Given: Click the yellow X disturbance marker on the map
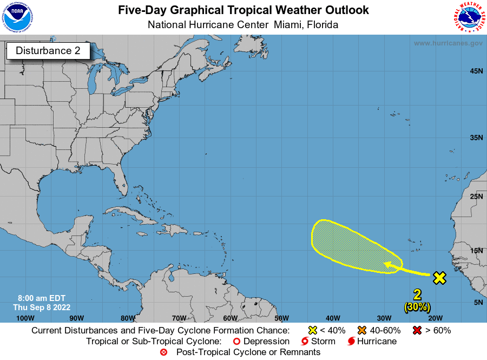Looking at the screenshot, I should (439, 278).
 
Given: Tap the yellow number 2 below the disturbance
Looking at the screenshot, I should (417, 295).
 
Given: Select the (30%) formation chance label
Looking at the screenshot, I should (417, 306).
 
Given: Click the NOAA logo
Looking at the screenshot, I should (17, 17).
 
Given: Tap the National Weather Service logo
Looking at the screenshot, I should (468, 17).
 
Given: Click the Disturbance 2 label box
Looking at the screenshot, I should (48, 51).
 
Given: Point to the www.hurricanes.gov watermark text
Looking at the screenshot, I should (448, 43).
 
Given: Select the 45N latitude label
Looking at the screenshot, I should (476, 71).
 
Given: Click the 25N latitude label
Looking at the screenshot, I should (476, 196).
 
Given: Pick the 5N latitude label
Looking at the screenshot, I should (478, 302).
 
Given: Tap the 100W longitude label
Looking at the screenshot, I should (25, 318).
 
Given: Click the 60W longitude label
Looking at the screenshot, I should (230, 318).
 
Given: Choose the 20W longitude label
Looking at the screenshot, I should (436, 318).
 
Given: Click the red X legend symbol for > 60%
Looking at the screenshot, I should (417, 330).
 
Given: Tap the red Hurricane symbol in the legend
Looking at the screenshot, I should (352, 342).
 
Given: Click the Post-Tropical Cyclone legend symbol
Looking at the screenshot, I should (164, 352).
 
